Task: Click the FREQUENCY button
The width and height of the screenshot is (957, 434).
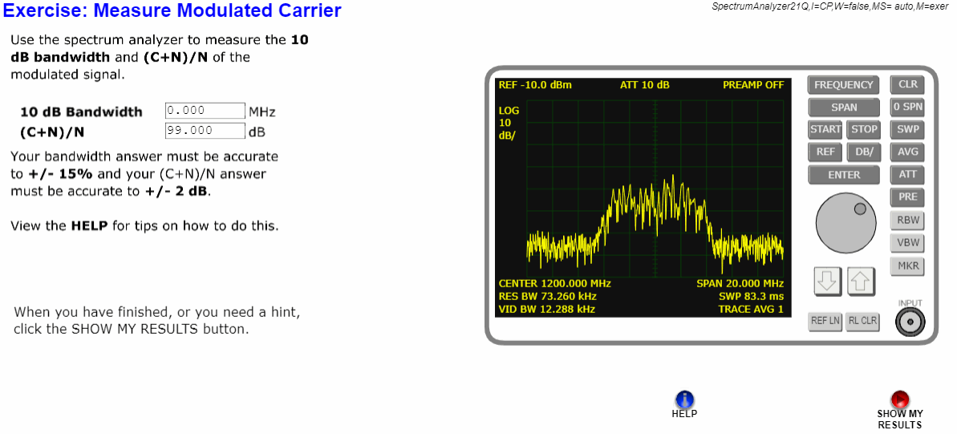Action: (x=843, y=85)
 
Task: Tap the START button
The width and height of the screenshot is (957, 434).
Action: (x=825, y=129)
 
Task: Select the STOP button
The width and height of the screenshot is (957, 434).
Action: (x=863, y=129)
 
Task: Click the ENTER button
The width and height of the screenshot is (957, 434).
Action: (x=843, y=175)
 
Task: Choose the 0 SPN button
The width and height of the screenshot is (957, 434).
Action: (x=907, y=107)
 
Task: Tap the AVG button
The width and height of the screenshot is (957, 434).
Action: (x=907, y=152)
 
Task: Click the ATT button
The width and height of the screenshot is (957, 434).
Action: (x=907, y=175)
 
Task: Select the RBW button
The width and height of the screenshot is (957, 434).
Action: (x=907, y=221)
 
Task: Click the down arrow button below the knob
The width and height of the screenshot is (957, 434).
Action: (x=825, y=280)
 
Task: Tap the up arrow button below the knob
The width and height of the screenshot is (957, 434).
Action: (x=860, y=280)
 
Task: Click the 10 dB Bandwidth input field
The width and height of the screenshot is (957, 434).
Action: (x=205, y=111)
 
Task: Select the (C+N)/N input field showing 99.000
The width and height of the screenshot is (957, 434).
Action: (x=205, y=131)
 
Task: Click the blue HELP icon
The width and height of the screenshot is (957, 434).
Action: (x=685, y=400)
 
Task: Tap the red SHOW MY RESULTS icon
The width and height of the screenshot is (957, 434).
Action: (x=899, y=400)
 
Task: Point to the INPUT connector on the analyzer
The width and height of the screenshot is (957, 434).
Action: (x=910, y=322)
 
